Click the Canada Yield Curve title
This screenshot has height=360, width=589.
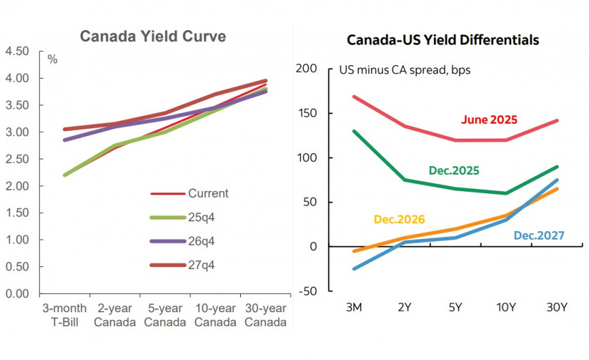(152, 36)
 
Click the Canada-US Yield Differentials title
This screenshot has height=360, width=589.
(442, 40)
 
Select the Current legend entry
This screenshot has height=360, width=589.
(208, 193)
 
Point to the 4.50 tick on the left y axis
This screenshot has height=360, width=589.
(17, 51)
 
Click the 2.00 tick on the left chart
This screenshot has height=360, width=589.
(17, 186)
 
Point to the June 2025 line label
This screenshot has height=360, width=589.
(489, 120)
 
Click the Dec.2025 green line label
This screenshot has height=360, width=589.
(454, 170)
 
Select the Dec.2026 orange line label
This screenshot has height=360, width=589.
(399, 219)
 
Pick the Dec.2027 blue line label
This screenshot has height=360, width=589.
(539, 235)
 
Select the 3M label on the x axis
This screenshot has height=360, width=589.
(354, 308)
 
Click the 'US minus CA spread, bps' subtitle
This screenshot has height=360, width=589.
(404, 69)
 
